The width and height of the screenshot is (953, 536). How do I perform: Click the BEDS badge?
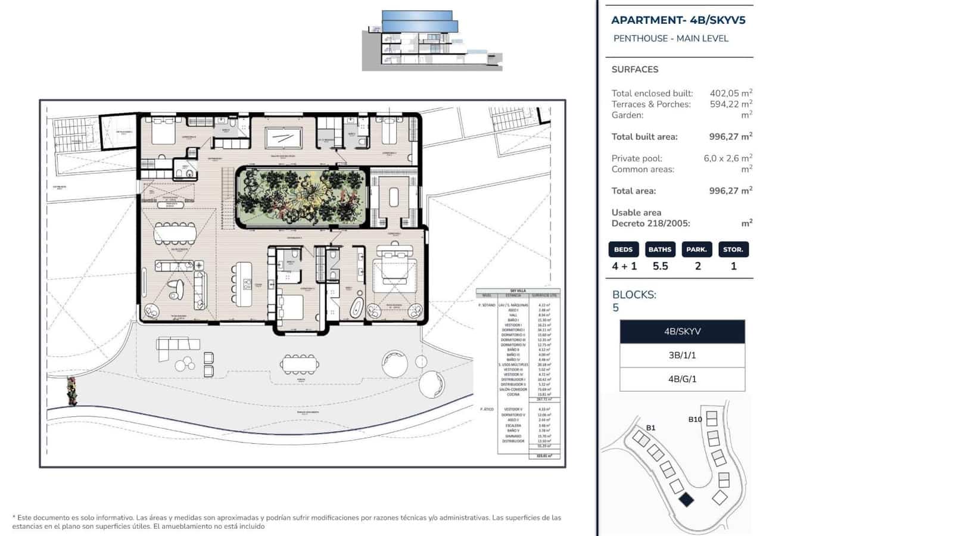pos(624,250)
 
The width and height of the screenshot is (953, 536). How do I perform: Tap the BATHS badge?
pos(660,250)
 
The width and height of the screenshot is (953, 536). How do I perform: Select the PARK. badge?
pos(696,250)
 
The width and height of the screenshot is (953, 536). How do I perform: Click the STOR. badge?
pos(733,250)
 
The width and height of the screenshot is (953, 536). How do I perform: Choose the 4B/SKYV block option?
pos(682,332)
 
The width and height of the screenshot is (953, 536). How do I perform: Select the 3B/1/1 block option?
pos(682,356)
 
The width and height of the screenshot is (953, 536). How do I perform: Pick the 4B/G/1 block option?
pos(682,379)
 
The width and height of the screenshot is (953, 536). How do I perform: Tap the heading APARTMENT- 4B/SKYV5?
pos(678,20)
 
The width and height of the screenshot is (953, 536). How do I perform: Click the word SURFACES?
pos(634,70)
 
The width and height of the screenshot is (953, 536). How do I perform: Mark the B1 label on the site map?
pos(650,428)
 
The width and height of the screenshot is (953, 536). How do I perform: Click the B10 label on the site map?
pos(694,419)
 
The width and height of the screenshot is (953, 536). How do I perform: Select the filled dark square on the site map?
pos(686,499)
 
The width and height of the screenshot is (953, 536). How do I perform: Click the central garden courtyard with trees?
pos(301,197)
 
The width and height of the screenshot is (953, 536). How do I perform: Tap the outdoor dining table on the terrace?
pos(300,363)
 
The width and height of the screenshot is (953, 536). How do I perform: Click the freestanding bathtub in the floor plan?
pos(356,307)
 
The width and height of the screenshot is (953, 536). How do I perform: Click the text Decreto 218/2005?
pos(650,223)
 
